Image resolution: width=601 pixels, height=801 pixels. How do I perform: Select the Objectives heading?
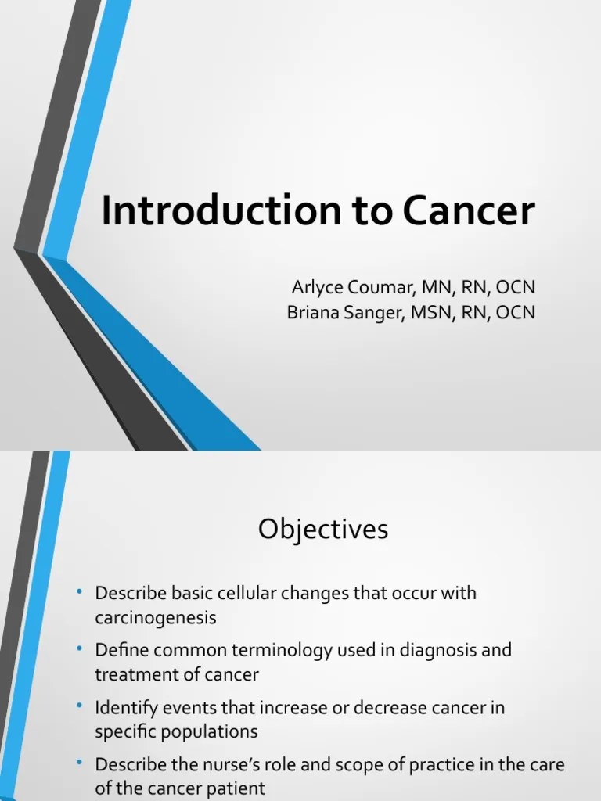323,530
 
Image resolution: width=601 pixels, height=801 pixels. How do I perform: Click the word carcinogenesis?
155,617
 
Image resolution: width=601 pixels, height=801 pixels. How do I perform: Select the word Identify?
121,707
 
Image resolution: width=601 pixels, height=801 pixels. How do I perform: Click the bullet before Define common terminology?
80,648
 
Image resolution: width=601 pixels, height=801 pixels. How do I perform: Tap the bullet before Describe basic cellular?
80,592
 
